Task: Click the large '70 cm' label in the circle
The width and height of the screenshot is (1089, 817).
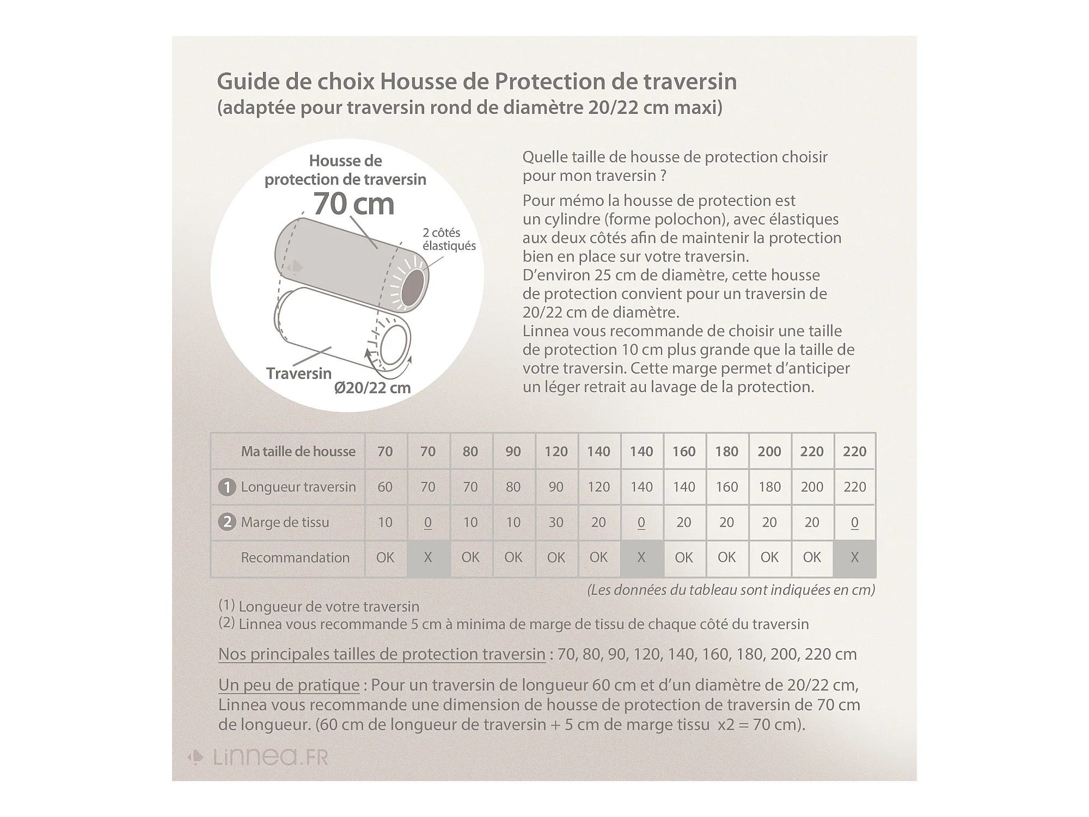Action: coord(353,204)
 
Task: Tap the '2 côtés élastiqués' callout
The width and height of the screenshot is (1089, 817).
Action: coord(449,239)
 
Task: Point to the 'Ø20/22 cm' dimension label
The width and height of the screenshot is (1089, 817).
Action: coord(372,388)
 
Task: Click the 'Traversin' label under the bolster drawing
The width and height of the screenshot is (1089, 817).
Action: coord(299,373)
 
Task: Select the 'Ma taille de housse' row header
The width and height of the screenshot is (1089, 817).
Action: coord(298,452)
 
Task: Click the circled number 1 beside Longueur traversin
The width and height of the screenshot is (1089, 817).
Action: coord(227,487)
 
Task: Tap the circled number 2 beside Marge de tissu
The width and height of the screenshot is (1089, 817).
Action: coord(227,522)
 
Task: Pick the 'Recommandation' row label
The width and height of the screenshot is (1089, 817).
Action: coord(295,558)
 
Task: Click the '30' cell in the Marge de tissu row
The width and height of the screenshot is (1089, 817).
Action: coord(556,522)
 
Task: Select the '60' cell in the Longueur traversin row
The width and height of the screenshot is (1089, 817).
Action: coord(385,487)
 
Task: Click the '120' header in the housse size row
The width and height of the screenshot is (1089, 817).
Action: coord(556,452)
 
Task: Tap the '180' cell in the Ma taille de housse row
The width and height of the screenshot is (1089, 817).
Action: coord(726,452)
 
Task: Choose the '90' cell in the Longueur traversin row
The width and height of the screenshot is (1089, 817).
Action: coord(556,487)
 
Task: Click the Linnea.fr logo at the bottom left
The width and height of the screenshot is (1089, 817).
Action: coord(259,757)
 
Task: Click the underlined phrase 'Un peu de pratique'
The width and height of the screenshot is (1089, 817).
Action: coord(289,685)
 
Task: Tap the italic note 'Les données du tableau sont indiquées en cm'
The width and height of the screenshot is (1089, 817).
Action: coord(731,590)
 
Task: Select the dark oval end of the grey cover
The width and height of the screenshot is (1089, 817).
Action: coord(413,287)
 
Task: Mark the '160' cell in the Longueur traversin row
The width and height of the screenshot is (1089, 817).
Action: coord(726,487)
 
